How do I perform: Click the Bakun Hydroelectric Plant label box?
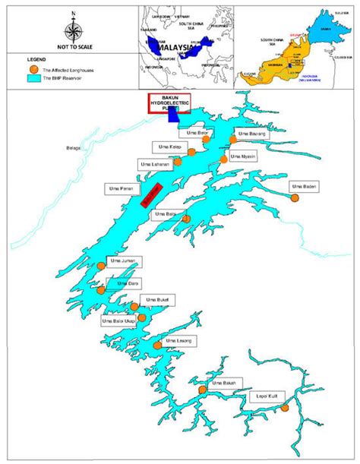pos(169,104)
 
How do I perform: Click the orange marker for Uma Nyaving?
pos(223,159)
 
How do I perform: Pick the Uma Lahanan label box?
pos(153,164)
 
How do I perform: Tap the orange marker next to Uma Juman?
pos(102,266)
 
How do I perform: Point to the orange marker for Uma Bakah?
pos(202,390)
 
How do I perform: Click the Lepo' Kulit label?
pos(263,396)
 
